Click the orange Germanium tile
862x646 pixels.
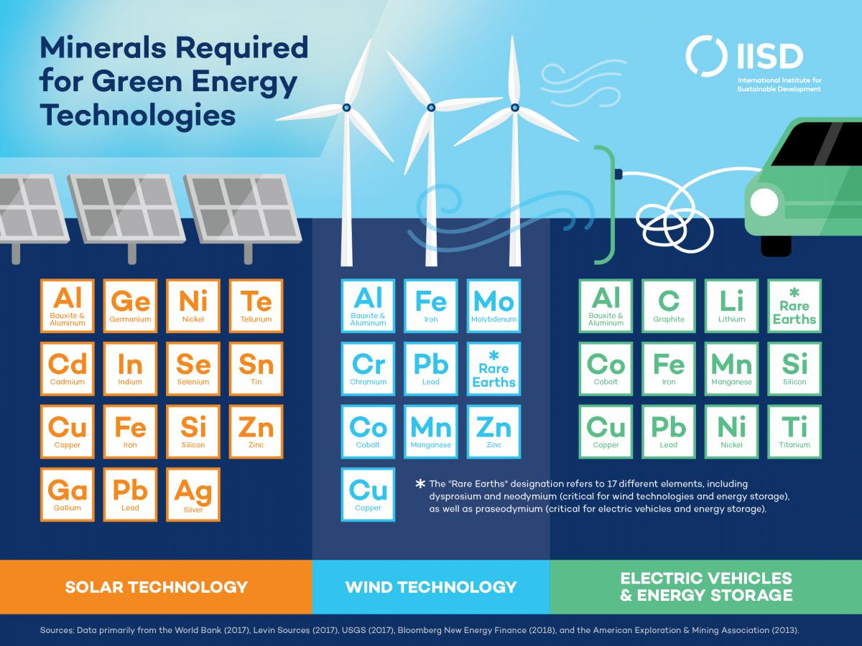coord(130,306)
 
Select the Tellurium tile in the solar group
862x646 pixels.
coord(256,306)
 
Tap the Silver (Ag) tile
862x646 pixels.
coord(193,495)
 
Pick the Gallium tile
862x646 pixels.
coord(68,495)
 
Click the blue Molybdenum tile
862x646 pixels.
coord(493,306)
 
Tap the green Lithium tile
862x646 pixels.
coord(731,306)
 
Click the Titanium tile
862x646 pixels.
coord(794,431)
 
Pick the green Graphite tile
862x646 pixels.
coord(669,306)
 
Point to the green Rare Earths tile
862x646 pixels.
coord(794,306)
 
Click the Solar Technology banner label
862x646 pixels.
coord(156,586)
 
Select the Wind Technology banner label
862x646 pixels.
coord(431,586)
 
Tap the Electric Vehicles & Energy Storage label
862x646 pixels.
coord(706,586)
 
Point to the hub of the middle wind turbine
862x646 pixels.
coord(431,108)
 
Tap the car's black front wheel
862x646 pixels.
coord(776,244)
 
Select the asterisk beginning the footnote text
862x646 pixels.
coord(420,484)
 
